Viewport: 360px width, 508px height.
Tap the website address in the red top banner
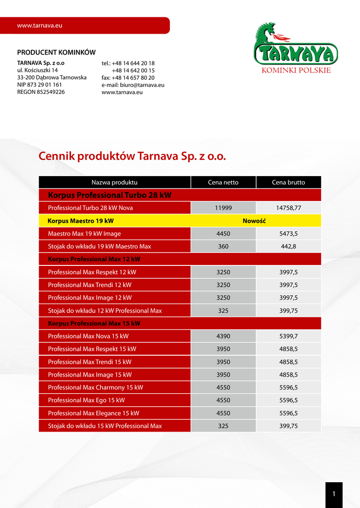click(x=39, y=25)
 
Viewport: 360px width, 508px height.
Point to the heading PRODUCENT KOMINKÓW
click(x=56, y=53)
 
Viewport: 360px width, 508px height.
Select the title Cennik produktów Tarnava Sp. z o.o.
click(x=132, y=156)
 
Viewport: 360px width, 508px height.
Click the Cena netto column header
click(x=223, y=183)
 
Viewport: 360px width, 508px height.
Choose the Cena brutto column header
click(x=288, y=183)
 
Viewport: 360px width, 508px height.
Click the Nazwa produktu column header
click(x=114, y=183)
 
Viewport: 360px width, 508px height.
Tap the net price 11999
click(x=223, y=208)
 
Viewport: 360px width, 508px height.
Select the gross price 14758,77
click(x=288, y=208)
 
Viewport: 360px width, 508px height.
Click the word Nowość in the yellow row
click(x=254, y=221)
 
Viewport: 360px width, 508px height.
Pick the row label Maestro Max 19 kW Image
click(x=84, y=234)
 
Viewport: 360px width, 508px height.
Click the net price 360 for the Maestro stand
click(x=223, y=247)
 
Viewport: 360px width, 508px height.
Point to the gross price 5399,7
click(x=288, y=336)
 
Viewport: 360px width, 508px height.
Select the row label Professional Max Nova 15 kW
click(x=88, y=336)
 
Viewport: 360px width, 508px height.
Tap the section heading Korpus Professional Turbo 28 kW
click(x=109, y=195)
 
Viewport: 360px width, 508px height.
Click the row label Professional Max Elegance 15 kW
click(x=93, y=413)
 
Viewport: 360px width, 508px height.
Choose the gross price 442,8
click(x=288, y=247)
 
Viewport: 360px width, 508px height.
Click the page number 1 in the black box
click(x=334, y=494)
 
